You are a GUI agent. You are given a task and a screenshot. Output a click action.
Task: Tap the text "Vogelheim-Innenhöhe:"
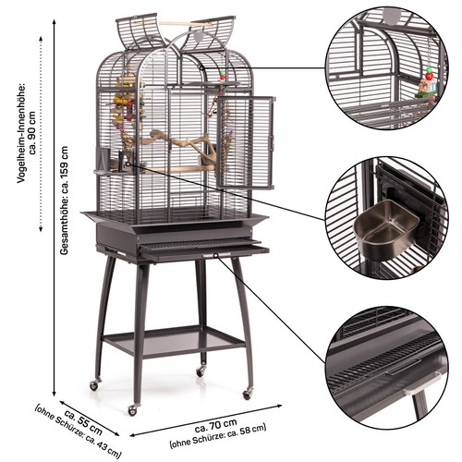pos(21,132)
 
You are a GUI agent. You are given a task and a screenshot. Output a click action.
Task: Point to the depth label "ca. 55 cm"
pos(83,422)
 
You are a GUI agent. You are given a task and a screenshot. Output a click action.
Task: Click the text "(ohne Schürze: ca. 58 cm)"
pos(217,435)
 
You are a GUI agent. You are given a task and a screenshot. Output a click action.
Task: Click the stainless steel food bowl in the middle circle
pos(386,225)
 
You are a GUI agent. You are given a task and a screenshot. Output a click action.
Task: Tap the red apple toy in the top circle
pos(429,75)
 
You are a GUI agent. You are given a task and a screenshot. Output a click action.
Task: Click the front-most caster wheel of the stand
pos(132,409)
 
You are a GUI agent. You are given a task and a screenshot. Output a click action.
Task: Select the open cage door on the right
pos(246,142)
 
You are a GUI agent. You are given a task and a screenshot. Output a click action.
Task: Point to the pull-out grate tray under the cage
pos(203,249)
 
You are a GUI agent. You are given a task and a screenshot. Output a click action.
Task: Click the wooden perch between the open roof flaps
pos(185,24)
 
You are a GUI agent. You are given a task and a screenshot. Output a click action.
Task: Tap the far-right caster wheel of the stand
pos(248,394)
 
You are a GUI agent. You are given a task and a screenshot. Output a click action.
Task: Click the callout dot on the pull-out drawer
pos(216,255)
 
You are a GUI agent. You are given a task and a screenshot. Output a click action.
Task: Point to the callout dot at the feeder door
pos(128,164)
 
